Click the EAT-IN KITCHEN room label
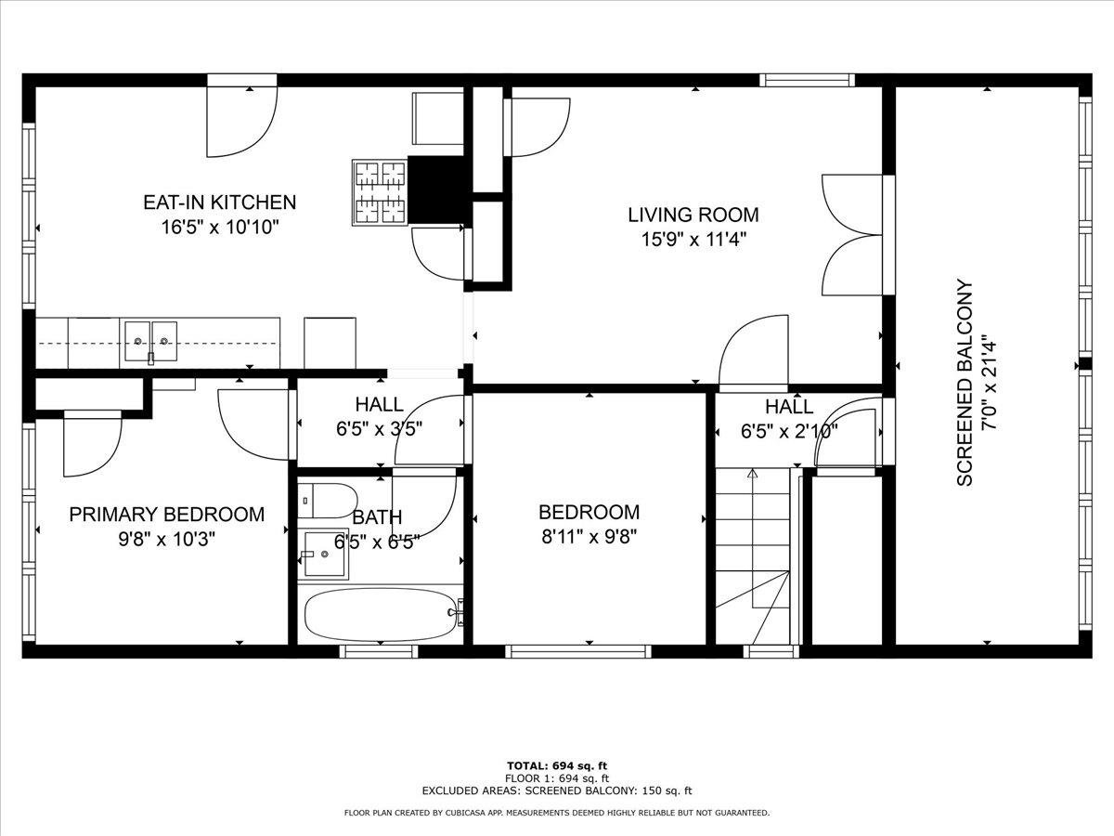219,202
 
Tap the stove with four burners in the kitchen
380,192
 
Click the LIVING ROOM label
693,215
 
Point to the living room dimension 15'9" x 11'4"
693,239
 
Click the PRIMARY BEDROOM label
166,514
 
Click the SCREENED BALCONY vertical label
965,382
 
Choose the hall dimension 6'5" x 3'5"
379,429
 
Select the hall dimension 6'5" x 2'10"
789,430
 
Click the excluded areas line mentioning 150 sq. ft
556,790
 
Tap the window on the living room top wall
806,80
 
